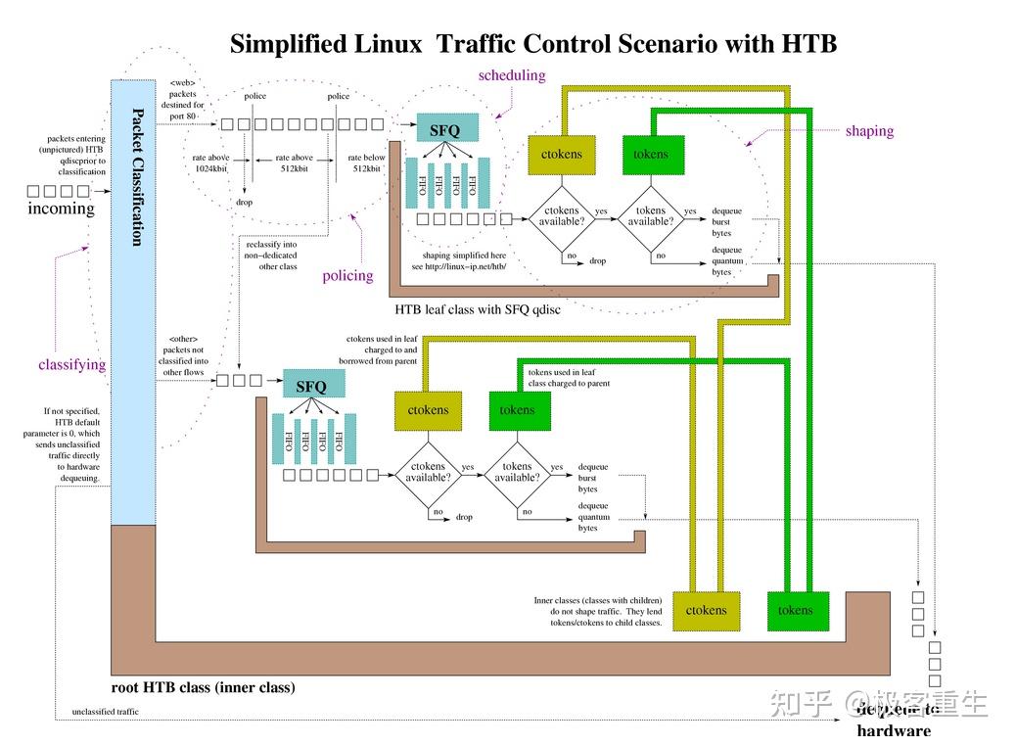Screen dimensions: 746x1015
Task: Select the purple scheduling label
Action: (511, 75)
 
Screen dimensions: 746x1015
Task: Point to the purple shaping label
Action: (869, 130)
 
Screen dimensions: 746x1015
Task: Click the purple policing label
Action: (347, 275)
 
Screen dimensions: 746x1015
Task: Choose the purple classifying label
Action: (71, 364)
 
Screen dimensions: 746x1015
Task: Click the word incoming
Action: (61, 209)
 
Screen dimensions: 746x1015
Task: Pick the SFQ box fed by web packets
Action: (446, 127)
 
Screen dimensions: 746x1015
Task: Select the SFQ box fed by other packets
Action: (310, 386)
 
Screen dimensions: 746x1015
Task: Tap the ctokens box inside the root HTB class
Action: (706, 610)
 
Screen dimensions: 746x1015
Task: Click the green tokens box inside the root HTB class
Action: (795, 610)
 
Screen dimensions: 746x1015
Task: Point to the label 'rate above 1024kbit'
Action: (209, 163)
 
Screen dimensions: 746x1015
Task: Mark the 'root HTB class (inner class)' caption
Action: (203, 687)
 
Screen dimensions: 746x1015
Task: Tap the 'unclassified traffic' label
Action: (105, 712)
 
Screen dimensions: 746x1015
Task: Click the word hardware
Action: (894, 730)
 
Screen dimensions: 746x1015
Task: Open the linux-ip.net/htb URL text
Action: (459, 266)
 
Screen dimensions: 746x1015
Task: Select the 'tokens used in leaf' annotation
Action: (561, 372)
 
